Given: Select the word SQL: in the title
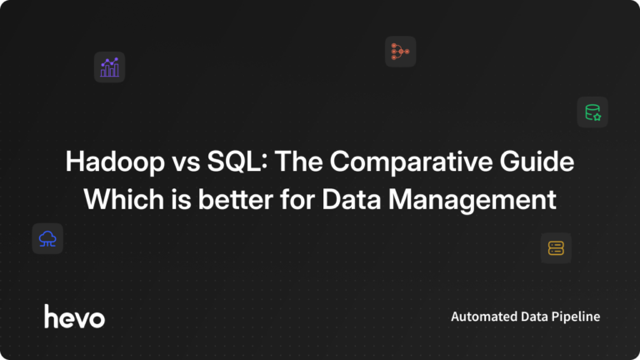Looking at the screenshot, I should (x=230, y=162).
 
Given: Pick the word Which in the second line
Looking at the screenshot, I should (x=116, y=201).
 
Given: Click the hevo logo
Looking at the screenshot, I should (x=74, y=316).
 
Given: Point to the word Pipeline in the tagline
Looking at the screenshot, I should (x=577, y=317).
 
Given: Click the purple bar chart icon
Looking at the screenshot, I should (x=109, y=67).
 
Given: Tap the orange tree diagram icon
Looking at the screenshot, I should (x=400, y=52).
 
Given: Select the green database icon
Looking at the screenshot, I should (x=592, y=112).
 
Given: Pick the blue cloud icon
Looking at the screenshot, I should (x=47, y=239).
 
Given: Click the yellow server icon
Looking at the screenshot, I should (x=556, y=247).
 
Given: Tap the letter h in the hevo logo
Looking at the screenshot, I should (x=50, y=315).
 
